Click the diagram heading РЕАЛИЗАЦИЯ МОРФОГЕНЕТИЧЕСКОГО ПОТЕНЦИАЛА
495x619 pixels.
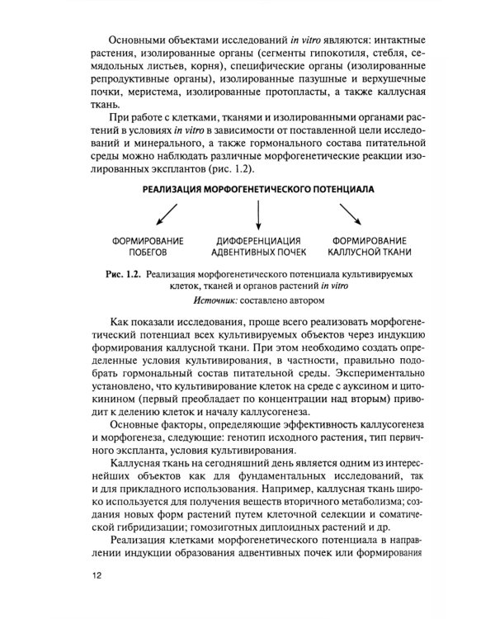[257, 189]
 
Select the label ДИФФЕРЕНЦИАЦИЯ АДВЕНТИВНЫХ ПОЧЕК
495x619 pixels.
[258, 246]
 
